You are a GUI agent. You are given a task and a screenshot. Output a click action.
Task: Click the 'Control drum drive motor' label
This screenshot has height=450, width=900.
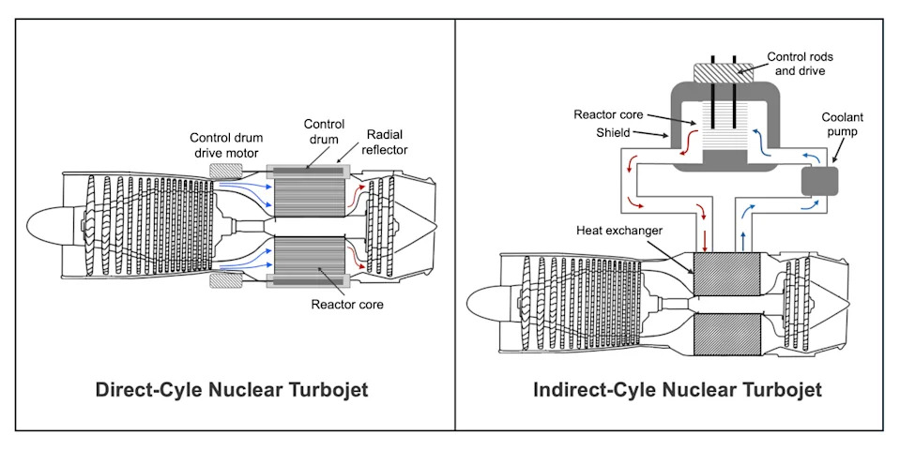(x=226, y=145)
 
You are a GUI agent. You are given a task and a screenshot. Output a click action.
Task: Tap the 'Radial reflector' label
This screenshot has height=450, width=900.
(x=384, y=142)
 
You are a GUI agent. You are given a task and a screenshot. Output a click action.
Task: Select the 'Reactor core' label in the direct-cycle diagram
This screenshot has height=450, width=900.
(x=346, y=305)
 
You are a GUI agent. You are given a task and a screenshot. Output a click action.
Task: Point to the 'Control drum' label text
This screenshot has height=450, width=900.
(x=324, y=131)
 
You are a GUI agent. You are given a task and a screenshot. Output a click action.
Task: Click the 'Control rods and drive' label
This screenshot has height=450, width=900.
(x=800, y=64)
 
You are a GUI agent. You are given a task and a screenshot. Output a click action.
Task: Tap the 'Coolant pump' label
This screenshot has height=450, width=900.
(x=842, y=125)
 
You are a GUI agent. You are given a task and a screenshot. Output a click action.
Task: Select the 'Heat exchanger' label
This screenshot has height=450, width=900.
(x=618, y=231)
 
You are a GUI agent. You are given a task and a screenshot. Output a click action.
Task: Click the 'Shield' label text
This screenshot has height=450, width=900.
(x=613, y=132)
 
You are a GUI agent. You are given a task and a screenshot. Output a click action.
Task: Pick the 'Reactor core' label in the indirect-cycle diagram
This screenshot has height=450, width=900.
(x=608, y=114)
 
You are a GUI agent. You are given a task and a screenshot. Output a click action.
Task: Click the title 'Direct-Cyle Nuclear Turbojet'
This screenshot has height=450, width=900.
(x=231, y=390)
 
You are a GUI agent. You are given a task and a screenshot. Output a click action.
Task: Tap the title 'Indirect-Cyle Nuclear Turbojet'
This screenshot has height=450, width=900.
(x=678, y=390)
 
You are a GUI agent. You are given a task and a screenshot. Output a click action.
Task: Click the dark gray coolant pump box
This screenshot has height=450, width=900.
(x=819, y=181)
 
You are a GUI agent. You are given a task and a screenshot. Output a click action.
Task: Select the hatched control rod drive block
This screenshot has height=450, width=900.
(x=724, y=73)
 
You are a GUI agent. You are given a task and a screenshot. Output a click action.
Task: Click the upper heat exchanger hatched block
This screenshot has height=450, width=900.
(x=726, y=274)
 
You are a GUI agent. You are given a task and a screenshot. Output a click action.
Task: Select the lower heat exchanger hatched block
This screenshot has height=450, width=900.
(x=726, y=334)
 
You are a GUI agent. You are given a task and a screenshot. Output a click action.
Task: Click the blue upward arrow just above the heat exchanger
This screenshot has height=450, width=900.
(x=743, y=240)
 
